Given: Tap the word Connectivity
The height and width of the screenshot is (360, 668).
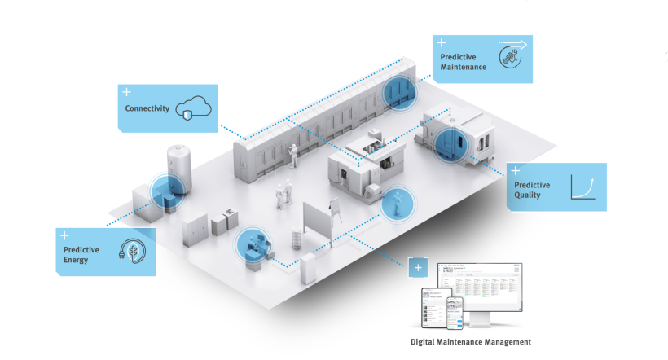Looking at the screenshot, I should (x=147, y=108).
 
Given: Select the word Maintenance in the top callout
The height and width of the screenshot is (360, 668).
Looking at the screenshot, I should (x=464, y=67).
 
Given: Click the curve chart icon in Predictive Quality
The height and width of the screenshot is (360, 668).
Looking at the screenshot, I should (x=583, y=188).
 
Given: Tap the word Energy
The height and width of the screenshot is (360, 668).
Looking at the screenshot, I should (x=77, y=261).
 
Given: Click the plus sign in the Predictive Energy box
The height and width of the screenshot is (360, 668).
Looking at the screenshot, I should (x=64, y=235).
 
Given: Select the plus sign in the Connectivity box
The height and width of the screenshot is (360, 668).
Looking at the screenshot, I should (x=126, y=92).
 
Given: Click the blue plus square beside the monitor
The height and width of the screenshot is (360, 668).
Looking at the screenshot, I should (x=418, y=268).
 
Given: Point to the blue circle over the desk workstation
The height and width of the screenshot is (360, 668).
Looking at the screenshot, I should (x=251, y=246).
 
